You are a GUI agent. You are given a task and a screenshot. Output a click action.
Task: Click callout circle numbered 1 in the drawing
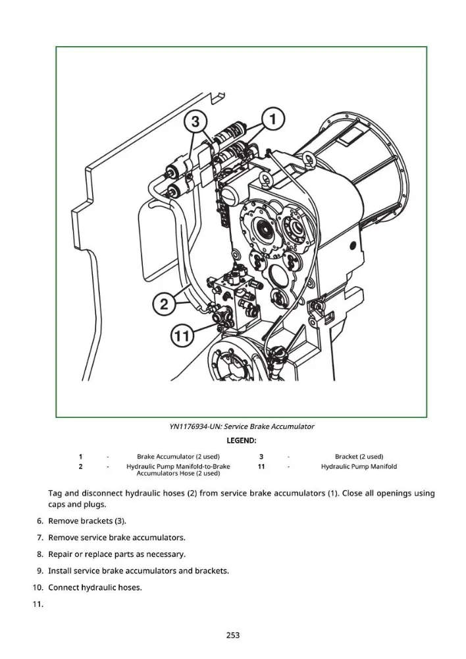(273, 119)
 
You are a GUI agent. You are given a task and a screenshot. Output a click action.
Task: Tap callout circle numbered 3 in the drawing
(195, 122)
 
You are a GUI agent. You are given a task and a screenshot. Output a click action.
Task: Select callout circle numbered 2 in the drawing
(164, 303)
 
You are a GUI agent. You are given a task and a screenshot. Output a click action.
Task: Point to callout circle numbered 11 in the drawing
(182, 336)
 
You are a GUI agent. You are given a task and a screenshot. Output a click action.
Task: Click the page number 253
(232, 635)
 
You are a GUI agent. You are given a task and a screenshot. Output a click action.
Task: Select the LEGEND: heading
(242, 440)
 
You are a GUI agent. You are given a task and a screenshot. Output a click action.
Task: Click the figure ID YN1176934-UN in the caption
(195, 426)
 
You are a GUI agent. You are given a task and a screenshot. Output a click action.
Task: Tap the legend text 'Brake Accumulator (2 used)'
(178, 457)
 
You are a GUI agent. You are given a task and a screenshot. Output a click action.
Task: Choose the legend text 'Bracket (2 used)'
(359, 457)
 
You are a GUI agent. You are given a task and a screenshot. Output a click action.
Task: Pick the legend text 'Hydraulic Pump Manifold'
(359, 467)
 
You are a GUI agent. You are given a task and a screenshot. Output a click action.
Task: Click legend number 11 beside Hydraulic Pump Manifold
(261, 467)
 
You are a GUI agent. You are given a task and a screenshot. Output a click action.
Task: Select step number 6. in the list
(40, 521)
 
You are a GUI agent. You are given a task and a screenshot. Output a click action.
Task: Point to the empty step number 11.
(38, 604)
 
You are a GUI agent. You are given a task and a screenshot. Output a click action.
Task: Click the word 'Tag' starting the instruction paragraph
(55, 494)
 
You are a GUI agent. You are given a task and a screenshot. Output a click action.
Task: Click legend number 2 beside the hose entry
(80, 467)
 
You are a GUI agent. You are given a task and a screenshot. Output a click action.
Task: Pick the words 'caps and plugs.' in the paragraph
(77, 505)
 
